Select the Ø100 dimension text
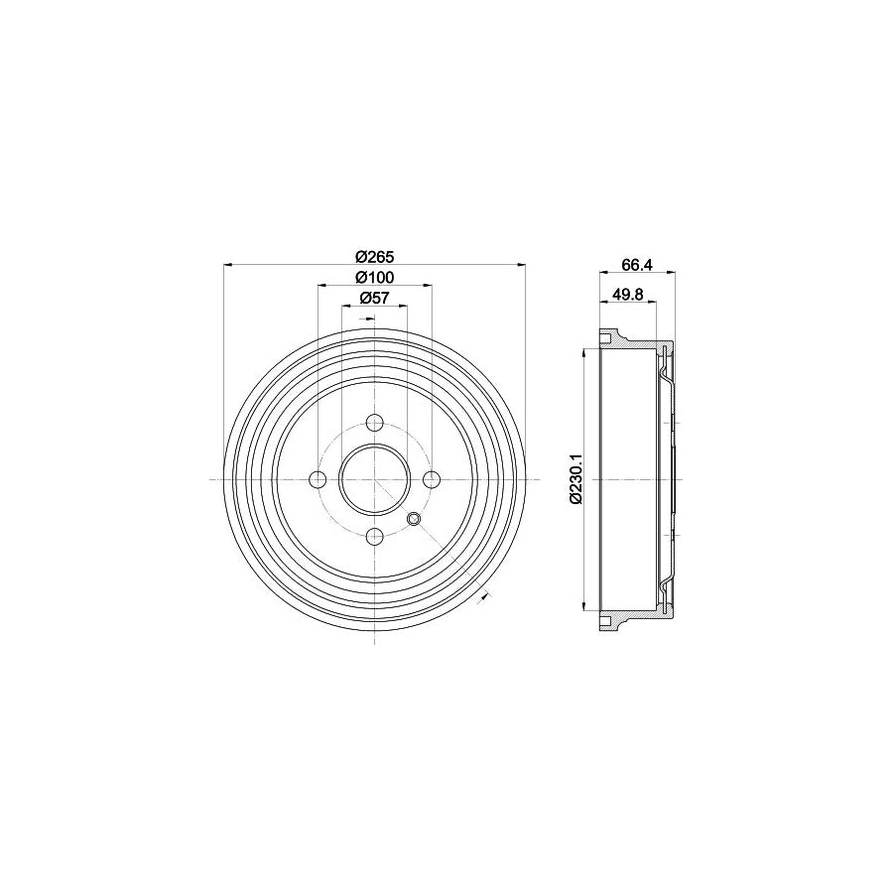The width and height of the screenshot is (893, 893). click(374, 277)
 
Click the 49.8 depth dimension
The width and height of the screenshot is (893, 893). click(628, 293)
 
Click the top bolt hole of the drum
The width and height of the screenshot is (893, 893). click(375, 423)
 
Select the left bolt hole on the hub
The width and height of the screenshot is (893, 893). click(319, 480)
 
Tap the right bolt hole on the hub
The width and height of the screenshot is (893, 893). click(432, 480)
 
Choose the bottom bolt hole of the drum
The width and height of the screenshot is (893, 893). click(375, 537)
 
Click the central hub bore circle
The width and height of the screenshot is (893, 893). click(375, 480)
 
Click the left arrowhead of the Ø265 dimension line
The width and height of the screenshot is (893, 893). click(230, 265)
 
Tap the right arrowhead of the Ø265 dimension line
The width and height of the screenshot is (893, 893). click(519, 265)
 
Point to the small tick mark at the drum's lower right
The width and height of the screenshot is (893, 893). click(486, 595)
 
